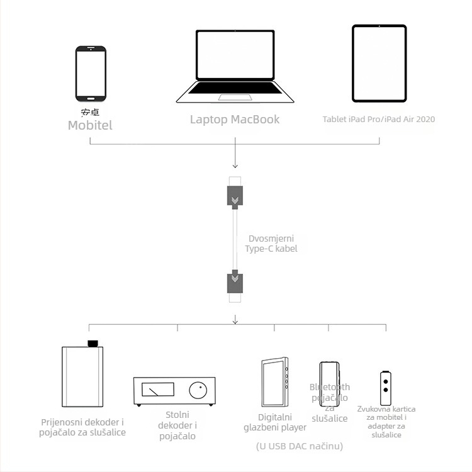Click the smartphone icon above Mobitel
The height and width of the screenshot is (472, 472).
pos(91,74)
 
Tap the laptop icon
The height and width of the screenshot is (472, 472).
pos(235,67)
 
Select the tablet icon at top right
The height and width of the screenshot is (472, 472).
pos(379,64)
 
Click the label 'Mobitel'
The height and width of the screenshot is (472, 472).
pos(90,125)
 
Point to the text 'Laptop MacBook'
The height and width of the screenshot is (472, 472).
pos(235,119)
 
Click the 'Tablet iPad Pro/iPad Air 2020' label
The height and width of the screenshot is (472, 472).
pos(379,119)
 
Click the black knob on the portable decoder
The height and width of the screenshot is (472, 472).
pos(93,343)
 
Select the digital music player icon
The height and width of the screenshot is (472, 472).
pos(275,383)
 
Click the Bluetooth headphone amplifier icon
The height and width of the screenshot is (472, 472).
pos(329,383)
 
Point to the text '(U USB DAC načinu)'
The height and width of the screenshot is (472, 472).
pos(299,446)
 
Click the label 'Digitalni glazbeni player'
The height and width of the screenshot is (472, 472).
pos(275,422)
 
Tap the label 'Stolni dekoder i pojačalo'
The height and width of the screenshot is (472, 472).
pos(181,425)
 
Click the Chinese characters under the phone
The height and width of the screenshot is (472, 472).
pos(90,112)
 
